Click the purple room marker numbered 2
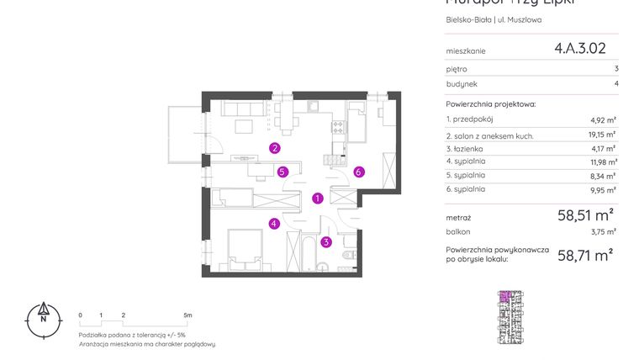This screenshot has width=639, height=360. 275,149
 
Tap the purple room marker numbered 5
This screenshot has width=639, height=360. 283,172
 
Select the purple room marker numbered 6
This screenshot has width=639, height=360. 358,172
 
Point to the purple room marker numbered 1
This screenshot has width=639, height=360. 317,199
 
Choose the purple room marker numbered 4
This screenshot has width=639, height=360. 274,224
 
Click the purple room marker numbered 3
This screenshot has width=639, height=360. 326,242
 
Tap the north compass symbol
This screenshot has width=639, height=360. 42,318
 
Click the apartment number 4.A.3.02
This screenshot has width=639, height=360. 579,49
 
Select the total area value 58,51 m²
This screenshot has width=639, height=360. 584,215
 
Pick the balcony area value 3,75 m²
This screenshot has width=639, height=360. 605,231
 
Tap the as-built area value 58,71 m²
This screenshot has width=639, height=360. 584,255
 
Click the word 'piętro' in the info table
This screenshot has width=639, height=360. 457,69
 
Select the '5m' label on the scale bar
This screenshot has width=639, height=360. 187,315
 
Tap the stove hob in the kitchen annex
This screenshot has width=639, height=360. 340,128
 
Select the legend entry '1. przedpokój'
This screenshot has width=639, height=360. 470,120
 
